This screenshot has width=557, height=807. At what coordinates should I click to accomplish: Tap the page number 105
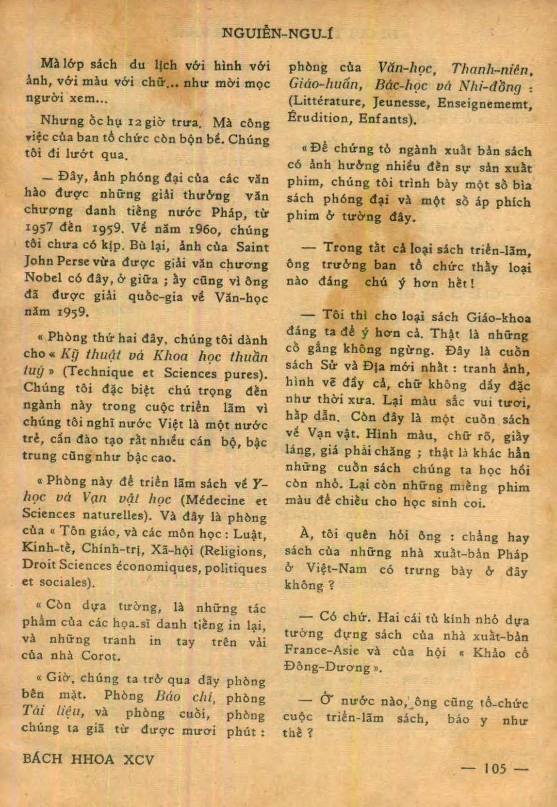coord(495,768)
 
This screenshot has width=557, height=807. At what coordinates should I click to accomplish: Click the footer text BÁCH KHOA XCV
coord(88,759)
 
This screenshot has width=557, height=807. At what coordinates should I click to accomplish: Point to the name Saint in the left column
coord(252,247)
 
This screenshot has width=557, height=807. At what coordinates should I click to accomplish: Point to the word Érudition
coord(316,119)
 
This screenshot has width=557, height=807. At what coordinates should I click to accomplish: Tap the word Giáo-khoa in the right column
coord(498,318)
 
